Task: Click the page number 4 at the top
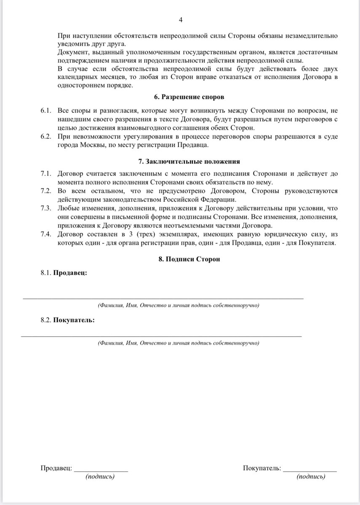tap(181, 20)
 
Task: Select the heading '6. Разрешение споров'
tap(189, 97)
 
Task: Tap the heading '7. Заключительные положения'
tap(189, 162)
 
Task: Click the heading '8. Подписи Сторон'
tap(189, 259)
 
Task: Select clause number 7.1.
tap(46, 173)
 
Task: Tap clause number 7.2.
tap(46, 191)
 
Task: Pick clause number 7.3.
tap(46, 209)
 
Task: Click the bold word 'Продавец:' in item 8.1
tap(70, 273)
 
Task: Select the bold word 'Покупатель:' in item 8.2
tap(74, 320)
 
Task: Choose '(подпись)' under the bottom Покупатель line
tap(311, 477)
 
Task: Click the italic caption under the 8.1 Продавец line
tap(178, 305)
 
